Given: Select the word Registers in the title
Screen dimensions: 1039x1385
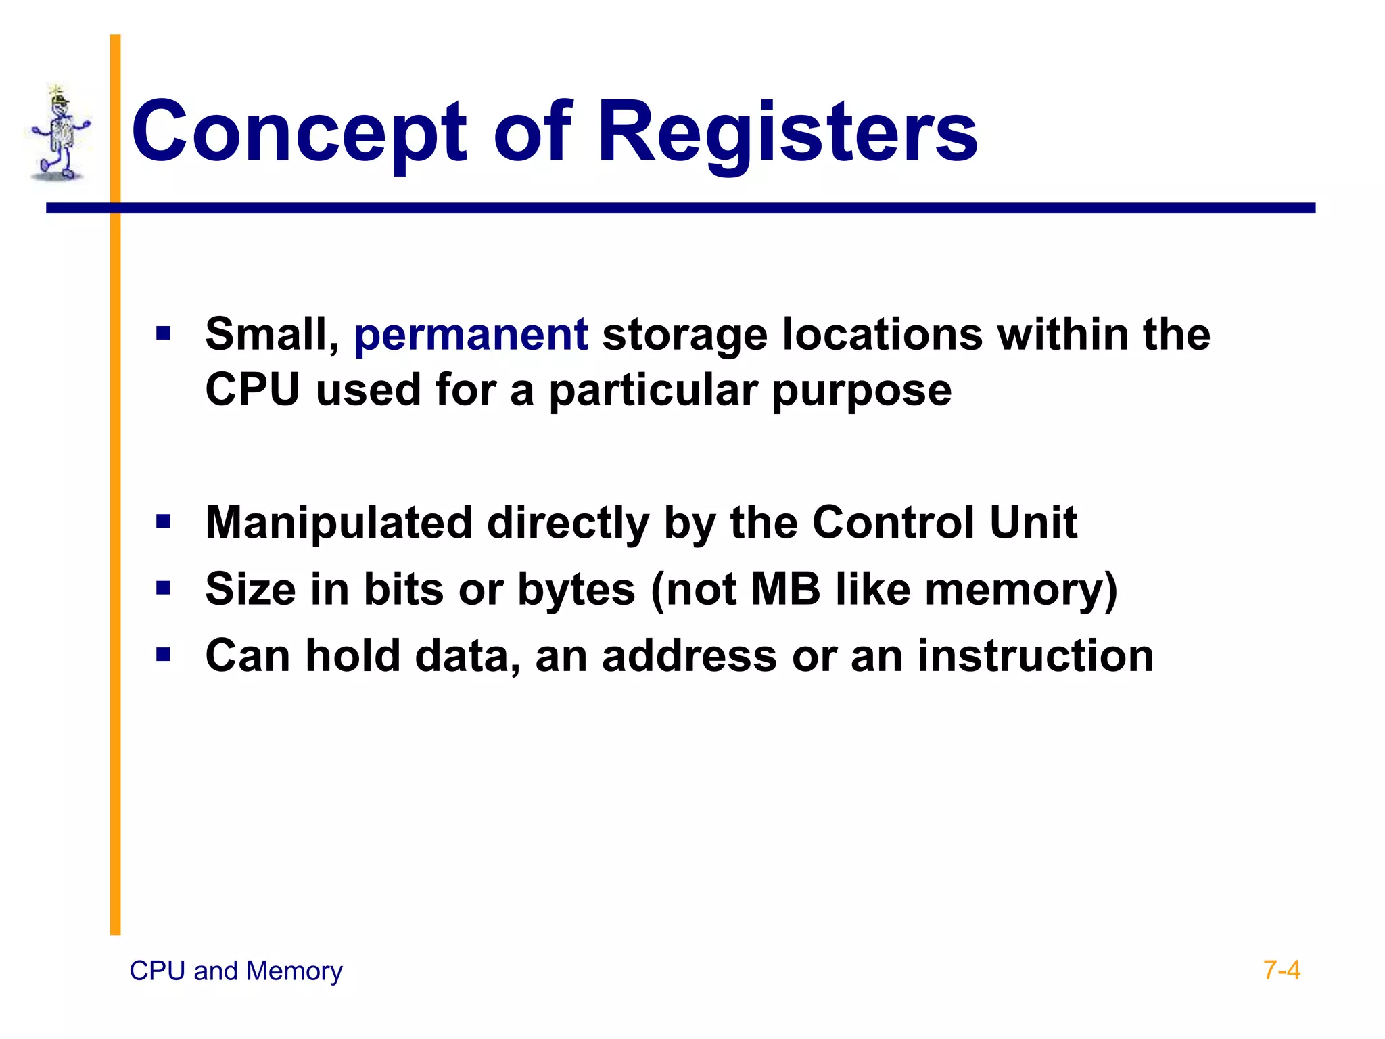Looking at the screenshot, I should click(x=787, y=133).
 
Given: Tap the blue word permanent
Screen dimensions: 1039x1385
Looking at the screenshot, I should click(x=471, y=334).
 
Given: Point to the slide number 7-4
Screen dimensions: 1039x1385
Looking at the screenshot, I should click(x=1281, y=971).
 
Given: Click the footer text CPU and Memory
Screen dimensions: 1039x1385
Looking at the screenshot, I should click(x=235, y=971).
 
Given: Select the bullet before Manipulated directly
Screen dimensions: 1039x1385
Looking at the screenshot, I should click(x=163, y=522).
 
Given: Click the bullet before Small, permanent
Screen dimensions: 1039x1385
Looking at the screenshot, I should click(x=163, y=333).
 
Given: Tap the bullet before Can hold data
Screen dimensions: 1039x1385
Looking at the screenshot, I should click(x=163, y=654).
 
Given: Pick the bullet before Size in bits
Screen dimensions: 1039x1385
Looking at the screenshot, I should click(x=163, y=588).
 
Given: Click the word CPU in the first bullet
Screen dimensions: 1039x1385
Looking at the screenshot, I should click(x=252, y=390).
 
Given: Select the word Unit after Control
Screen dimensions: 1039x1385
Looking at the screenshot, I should click(x=1033, y=523).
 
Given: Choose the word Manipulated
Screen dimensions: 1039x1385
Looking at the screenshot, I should click(x=338, y=523).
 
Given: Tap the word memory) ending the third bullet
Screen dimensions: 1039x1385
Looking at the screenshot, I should click(x=1020, y=589).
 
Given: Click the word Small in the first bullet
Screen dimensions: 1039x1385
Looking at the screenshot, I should click(x=271, y=334).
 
